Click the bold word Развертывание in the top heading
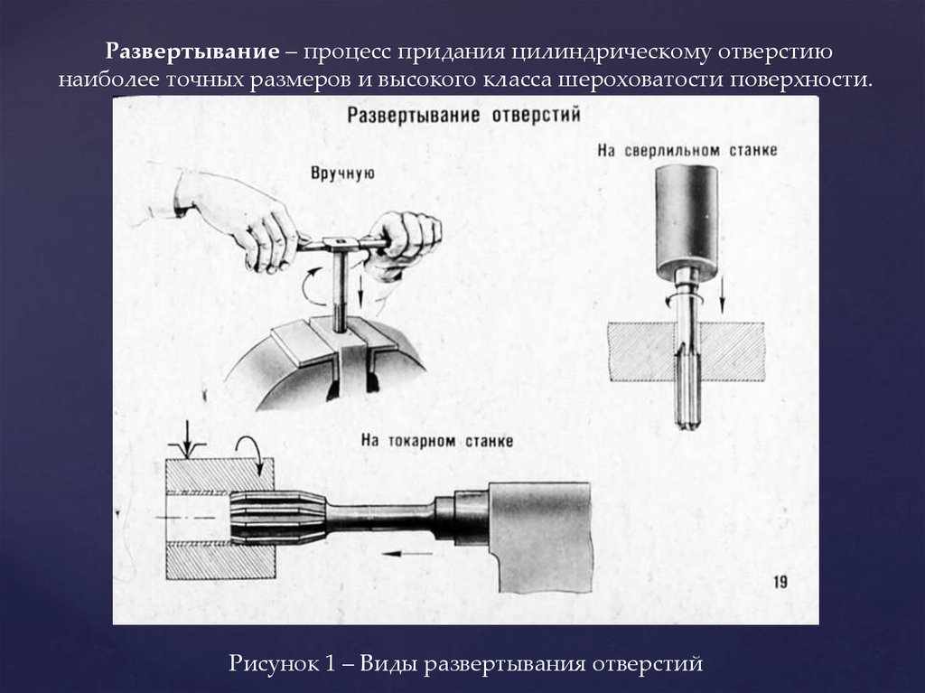[192, 52]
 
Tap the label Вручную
[342, 173]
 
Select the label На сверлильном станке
[687, 151]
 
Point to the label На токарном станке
[437, 441]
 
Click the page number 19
[780, 582]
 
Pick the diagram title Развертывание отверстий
[463, 115]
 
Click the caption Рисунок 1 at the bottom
[282, 663]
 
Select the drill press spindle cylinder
[687, 221]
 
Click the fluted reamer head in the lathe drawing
[277, 519]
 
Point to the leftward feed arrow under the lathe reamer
[406, 554]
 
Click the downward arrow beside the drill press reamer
[721, 295]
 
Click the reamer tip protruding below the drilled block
[687, 405]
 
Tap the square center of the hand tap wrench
[341, 242]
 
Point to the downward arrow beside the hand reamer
[360, 290]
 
